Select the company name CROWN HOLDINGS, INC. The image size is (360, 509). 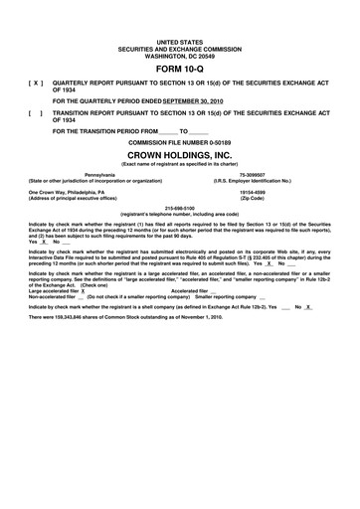(179, 157)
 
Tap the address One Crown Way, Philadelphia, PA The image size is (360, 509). (79, 192)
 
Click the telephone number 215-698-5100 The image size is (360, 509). (179, 209)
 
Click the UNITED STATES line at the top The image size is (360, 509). (179, 41)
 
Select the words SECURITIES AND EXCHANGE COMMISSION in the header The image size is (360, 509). (179, 47)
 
